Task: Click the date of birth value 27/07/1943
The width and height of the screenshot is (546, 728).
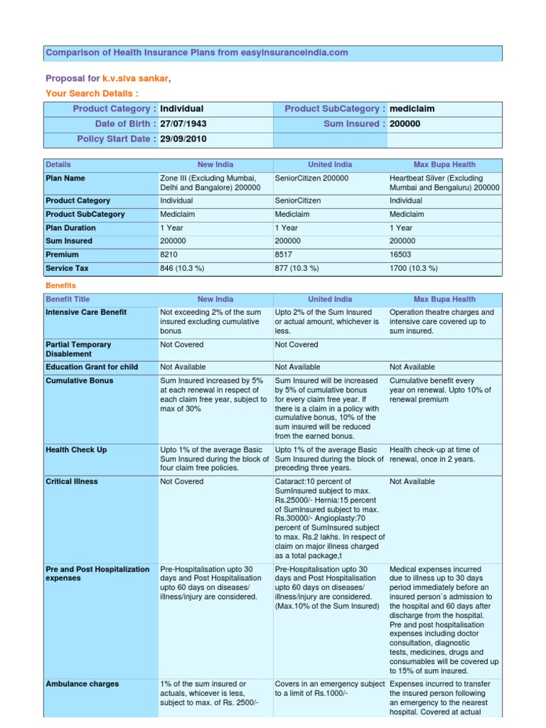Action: (183, 124)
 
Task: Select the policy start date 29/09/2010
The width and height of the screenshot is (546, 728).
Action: (183, 139)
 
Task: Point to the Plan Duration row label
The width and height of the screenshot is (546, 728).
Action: (70, 227)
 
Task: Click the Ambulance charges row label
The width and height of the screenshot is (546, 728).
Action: (82, 684)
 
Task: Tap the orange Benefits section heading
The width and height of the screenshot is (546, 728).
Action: (60, 285)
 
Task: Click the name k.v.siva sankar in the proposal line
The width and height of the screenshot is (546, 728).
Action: (135, 78)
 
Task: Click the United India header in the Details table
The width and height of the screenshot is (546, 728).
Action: (330, 164)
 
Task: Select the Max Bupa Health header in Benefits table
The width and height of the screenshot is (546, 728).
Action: (444, 299)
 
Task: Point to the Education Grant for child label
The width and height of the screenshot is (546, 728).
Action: (92, 367)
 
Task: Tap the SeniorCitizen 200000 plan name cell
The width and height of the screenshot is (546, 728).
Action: (311, 178)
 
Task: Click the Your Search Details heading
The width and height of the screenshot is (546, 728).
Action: (92, 93)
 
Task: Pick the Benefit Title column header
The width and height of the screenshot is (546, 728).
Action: (68, 299)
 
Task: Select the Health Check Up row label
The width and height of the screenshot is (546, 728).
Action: (76, 450)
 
